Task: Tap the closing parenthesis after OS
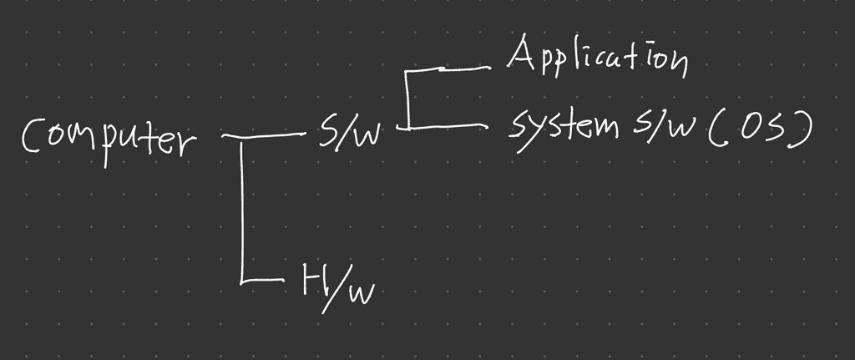(x=807, y=129)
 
